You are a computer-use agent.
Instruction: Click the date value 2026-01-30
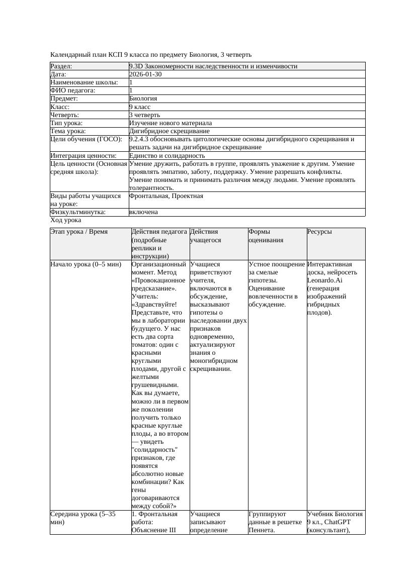pyautogui.click(x=145, y=74)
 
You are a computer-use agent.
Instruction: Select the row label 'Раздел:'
pyautogui.click(x=61, y=66)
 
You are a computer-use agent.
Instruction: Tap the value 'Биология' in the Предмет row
pyautogui.click(x=143, y=99)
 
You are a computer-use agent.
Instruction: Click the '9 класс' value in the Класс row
pyautogui.click(x=140, y=107)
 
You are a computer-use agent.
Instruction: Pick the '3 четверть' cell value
pyautogui.click(x=144, y=115)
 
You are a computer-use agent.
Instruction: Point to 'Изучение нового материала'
pyautogui.click(x=171, y=123)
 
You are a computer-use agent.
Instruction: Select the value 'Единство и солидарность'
pyautogui.click(x=167, y=156)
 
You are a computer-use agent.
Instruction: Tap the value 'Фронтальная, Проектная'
pyautogui.click(x=167, y=195)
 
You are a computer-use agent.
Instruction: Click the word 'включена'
pyautogui.click(x=143, y=212)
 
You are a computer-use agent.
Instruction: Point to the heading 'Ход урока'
pyautogui.click(x=66, y=220)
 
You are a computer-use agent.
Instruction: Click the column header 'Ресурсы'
pyautogui.click(x=319, y=232)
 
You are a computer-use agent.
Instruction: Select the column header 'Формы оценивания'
pyautogui.click(x=266, y=236)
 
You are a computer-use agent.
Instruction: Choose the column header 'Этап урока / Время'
pyautogui.click(x=79, y=232)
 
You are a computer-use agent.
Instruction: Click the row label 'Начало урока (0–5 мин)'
pyautogui.click(x=86, y=264)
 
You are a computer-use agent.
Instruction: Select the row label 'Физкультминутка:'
pyautogui.click(x=78, y=212)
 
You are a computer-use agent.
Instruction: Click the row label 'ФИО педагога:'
pyautogui.click(x=73, y=90)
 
